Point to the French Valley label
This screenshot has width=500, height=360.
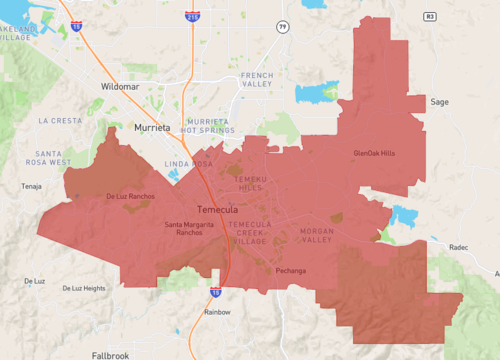pos(257,81)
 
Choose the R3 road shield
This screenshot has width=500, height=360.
pos(431,17)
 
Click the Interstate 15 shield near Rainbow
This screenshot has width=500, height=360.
pos(216,291)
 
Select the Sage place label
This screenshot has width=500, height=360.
pos(439,102)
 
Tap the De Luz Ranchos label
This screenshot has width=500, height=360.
pos(130,196)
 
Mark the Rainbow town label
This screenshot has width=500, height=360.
pos(217,312)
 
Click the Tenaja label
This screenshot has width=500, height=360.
pos(32,186)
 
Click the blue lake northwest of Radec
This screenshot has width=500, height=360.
pos(404,216)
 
